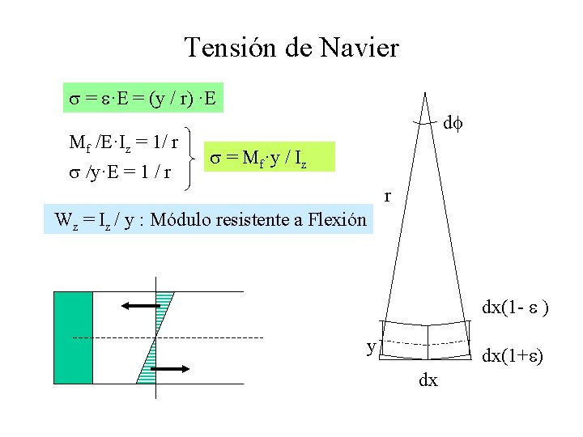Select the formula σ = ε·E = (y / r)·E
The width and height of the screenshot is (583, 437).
coord(142,100)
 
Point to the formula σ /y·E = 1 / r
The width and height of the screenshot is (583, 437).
coord(121,172)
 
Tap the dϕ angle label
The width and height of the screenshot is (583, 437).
coord(450,125)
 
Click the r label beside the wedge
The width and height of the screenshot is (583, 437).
coord(389,196)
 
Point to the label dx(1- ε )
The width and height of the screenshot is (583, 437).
coord(516,308)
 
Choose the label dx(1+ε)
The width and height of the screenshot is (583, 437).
coord(513,356)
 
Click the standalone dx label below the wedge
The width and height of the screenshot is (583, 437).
coord(428,380)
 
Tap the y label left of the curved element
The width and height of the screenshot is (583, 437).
coord(371,347)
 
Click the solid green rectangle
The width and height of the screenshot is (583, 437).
coord(73,337)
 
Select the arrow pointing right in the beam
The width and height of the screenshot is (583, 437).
coord(169,369)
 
